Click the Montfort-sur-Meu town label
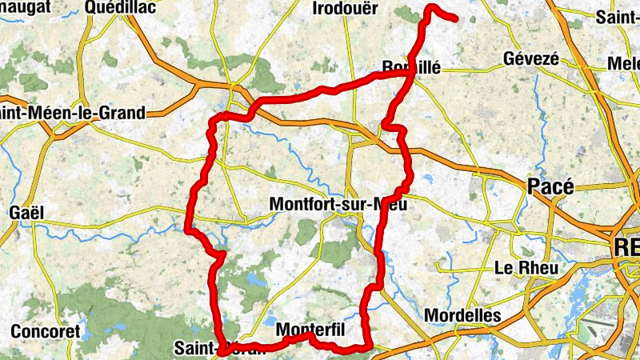[338, 204]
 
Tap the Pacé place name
[551, 186]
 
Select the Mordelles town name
[462, 315]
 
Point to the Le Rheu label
[526, 268]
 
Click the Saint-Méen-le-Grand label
[74, 113]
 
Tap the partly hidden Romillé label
[412, 68]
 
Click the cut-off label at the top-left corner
[24, 7]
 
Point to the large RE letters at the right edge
[626, 246]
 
